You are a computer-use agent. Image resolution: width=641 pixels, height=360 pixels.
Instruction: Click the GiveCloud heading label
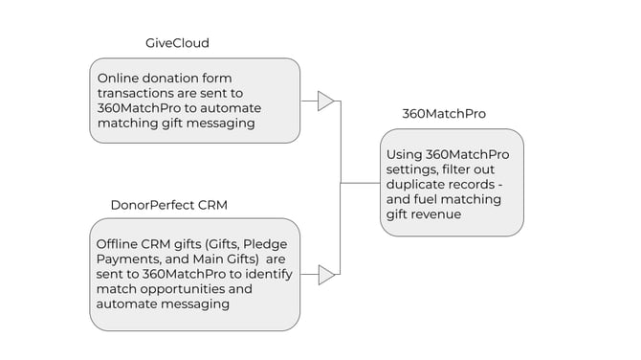coord(177,43)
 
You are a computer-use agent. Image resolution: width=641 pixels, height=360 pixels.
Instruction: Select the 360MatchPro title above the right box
coord(443,114)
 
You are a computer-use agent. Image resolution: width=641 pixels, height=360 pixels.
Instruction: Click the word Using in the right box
coord(405,153)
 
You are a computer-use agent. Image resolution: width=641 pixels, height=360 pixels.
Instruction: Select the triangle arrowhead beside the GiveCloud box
coord(325,101)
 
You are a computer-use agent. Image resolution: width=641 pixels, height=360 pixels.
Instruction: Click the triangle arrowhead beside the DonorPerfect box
coord(325,275)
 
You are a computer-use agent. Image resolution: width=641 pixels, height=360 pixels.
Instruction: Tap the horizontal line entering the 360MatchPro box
coord(360,182)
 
